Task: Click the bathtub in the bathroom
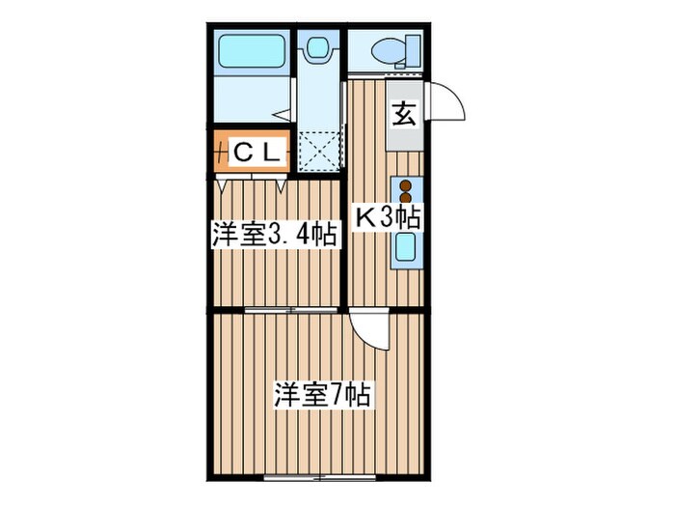pyautogui.click(x=250, y=50)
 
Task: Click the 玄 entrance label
pyautogui.click(x=404, y=114)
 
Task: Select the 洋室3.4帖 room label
pyautogui.click(x=275, y=234)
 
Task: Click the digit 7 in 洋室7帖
pyautogui.click(x=337, y=395)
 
